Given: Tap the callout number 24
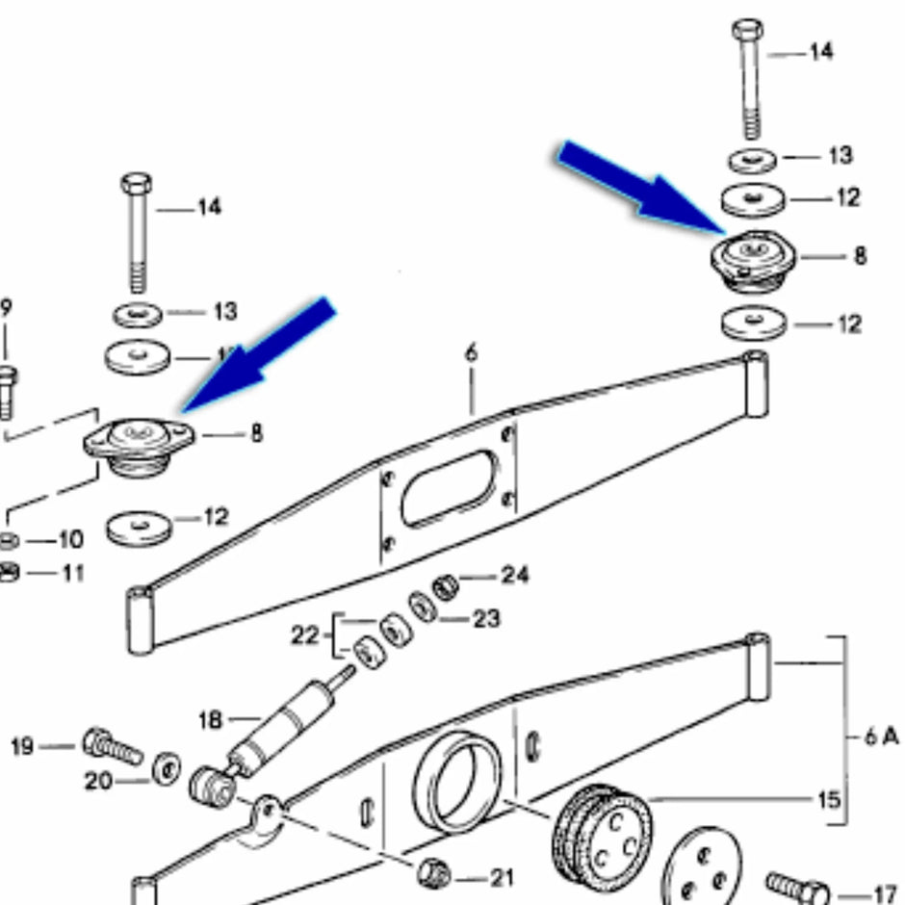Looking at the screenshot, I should [515, 577].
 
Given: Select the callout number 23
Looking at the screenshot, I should [487, 618].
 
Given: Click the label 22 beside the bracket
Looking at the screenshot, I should [305, 635].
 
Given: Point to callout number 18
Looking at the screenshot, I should [211, 719].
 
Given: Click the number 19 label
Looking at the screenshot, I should [24, 746].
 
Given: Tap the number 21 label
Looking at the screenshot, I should [502, 878].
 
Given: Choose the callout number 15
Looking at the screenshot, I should [827, 800].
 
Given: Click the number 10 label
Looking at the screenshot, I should [70, 539].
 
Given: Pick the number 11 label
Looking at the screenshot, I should [70, 573].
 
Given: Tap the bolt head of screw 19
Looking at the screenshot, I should [97, 740].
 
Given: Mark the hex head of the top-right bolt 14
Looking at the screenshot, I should [748, 30].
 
